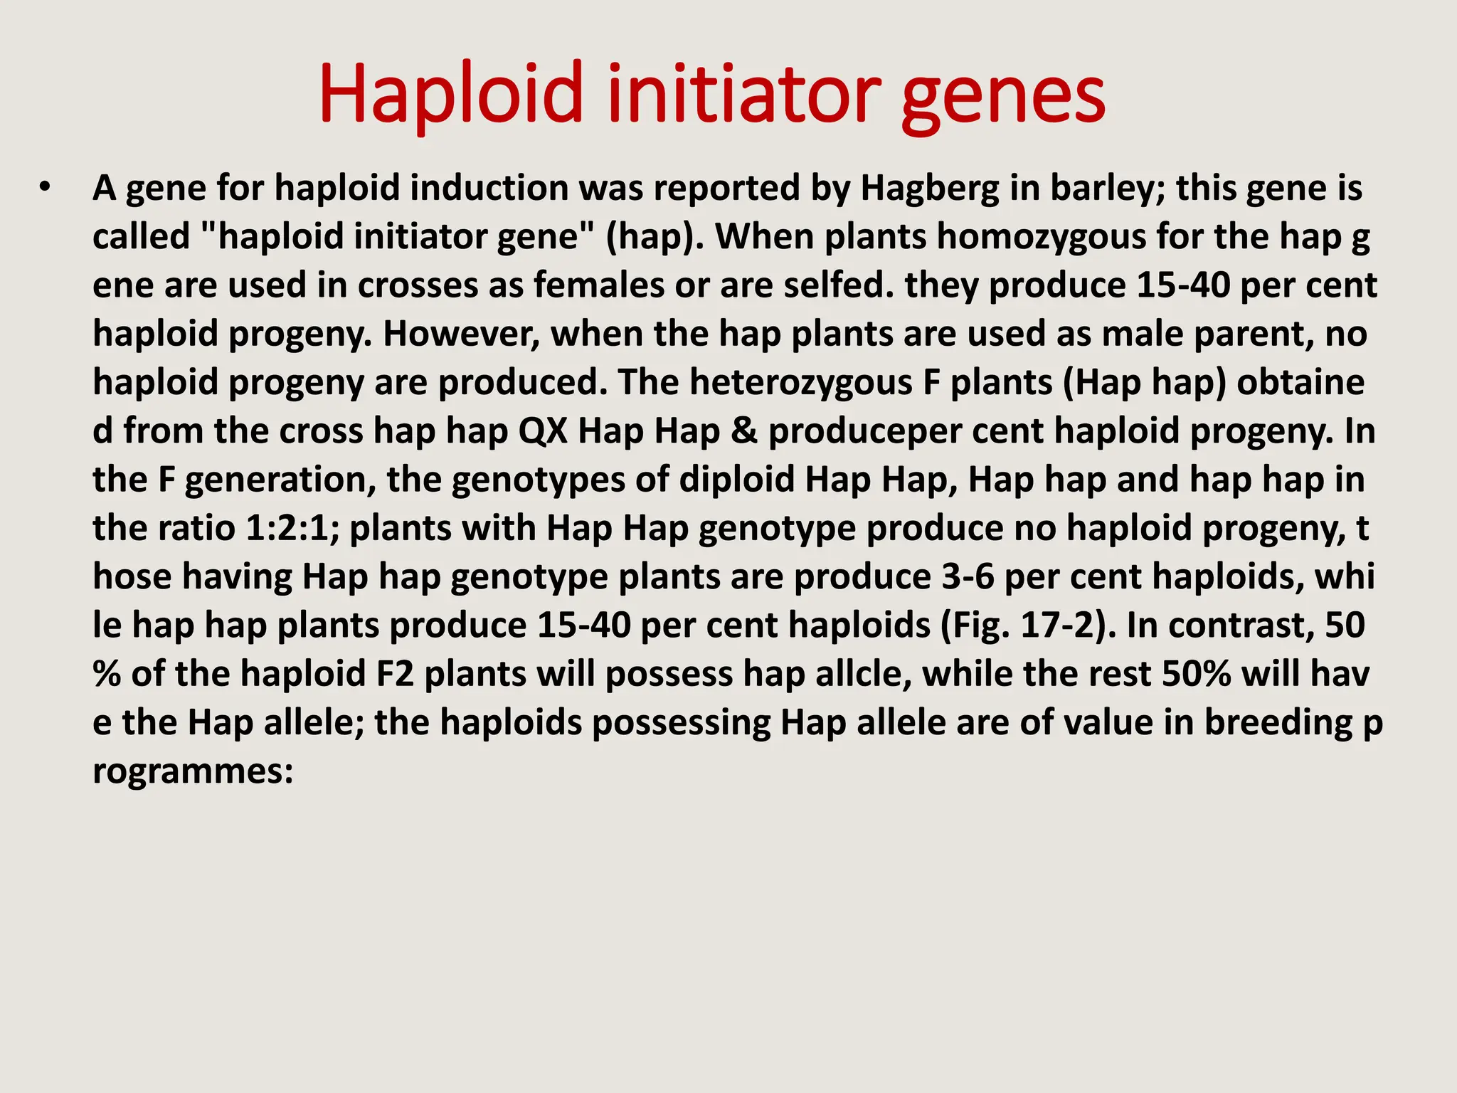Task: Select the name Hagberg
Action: point(930,189)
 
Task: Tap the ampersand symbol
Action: point(743,431)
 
